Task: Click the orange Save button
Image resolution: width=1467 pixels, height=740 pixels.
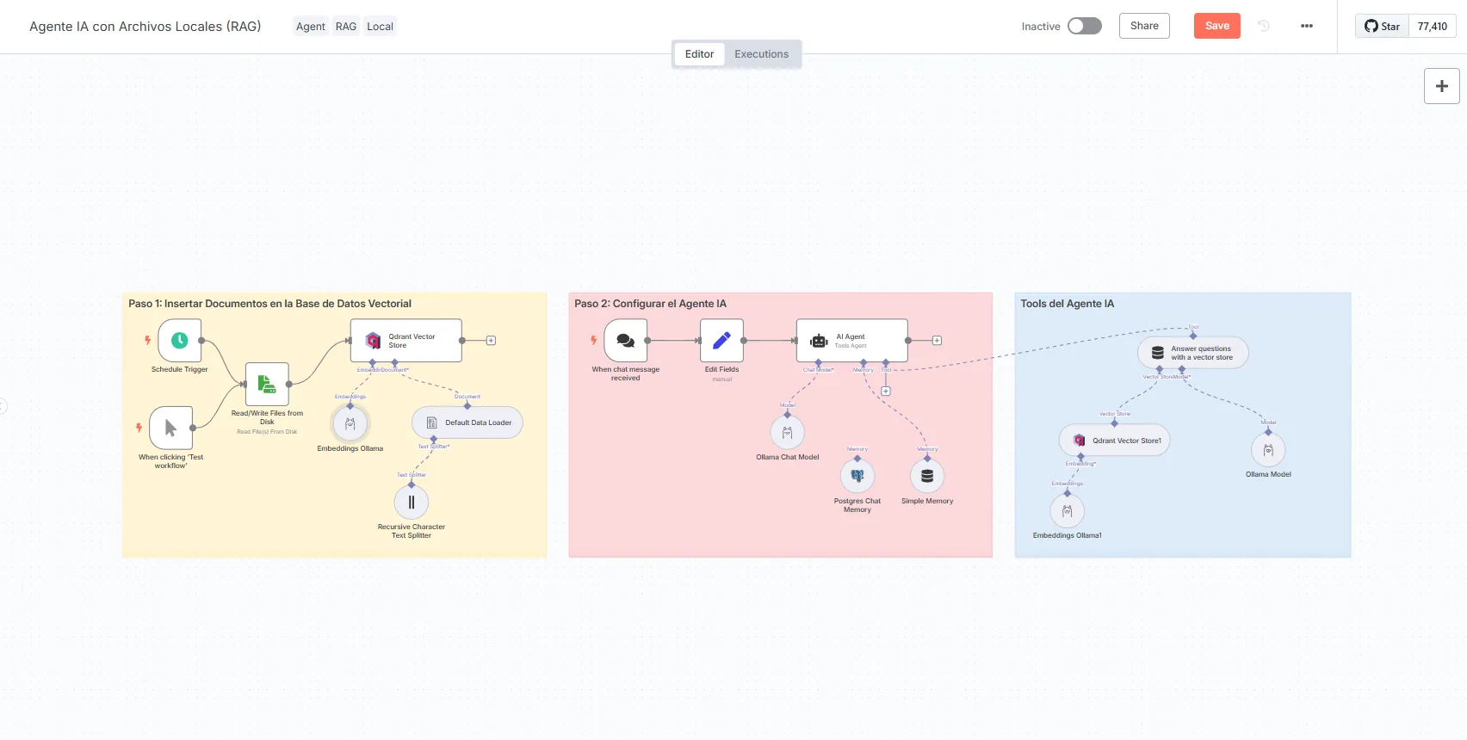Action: (x=1216, y=26)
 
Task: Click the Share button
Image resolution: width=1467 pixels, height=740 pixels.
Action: (x=1144, y=26)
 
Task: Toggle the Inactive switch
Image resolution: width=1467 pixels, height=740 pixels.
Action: (x=1084, y=26)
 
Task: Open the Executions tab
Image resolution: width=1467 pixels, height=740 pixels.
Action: (x=761, y=54)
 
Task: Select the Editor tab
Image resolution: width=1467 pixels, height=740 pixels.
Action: (x=699, y=54)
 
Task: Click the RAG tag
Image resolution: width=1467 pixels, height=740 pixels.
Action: (x=346, y=27)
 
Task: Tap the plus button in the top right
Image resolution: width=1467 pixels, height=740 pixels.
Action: (x=1441, y=86)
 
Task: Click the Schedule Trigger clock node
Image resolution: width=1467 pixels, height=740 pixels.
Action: (x=179, y=341)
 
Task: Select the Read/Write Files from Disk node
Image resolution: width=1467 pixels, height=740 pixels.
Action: (x=267, y=384)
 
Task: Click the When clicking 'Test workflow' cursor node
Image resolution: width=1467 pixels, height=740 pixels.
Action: (x=170, y=428)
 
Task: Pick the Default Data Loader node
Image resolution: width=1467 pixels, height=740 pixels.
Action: (x=467, y=422)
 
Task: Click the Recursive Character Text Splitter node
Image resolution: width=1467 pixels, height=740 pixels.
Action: (x=412, y=503)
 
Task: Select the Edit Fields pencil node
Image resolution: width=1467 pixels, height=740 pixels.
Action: (x=721, y=341)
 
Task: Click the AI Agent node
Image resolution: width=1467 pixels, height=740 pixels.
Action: (x=851, y=341)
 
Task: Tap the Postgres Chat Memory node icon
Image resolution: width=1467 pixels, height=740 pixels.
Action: (x=857, y=476)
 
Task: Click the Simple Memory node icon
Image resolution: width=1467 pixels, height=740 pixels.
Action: (x=927, y=476)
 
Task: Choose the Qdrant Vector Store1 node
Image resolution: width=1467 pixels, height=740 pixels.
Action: (x=1114, y=441)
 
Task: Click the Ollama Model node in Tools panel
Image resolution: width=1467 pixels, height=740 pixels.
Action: (x=1268, y=450)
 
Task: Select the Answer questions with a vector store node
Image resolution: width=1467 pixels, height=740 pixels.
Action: (x=1193, y=353)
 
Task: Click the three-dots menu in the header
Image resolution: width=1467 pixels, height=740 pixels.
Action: (x=1306, y=26)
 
